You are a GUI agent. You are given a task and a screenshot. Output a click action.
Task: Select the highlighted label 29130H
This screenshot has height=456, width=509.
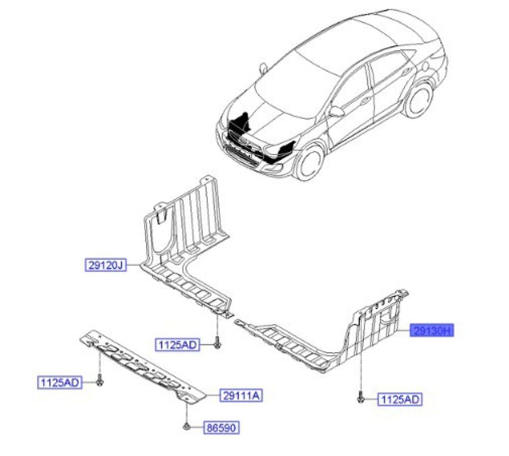[x=432, y=331]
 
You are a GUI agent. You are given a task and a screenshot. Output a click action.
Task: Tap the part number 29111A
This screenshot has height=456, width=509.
[x=241, y=394]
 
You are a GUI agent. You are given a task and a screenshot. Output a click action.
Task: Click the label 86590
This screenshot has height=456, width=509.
[x=221, y=428]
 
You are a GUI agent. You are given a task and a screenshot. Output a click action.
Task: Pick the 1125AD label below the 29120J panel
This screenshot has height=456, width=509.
[x=177, y=345]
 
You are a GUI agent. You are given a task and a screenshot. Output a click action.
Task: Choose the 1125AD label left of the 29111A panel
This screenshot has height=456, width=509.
[x=59, y=382]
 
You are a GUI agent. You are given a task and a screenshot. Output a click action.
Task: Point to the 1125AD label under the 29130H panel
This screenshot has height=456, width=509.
[x=400, y=400]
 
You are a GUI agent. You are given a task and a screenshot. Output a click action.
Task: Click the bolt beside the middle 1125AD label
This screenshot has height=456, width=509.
[x=217, y=345]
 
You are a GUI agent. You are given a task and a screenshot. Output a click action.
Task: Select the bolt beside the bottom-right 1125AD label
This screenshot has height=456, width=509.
[x=361, y=400]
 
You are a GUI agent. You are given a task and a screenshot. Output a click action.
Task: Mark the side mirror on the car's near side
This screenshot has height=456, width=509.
[x=335, y=111]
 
